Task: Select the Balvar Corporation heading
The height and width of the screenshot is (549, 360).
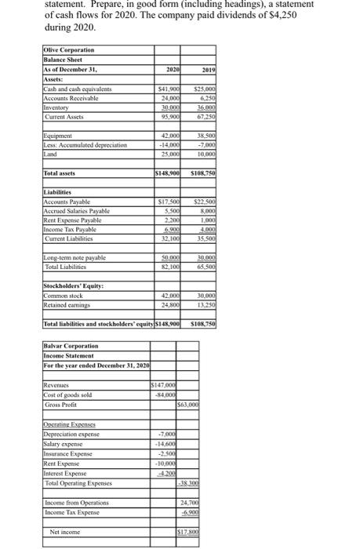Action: pos(71,344)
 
